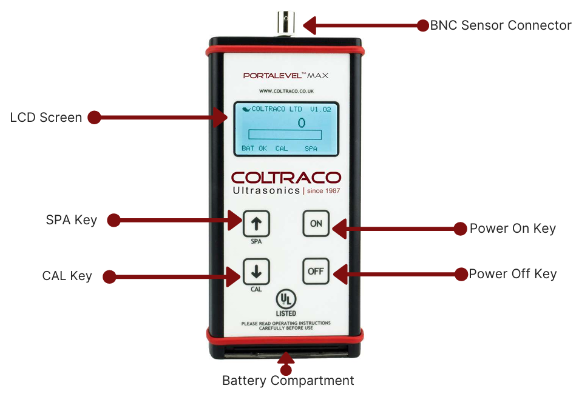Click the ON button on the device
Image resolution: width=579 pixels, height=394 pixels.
316,223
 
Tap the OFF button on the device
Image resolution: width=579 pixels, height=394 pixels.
316,271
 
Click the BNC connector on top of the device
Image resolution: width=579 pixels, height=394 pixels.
285,23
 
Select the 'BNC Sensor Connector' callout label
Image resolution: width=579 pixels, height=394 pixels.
501,25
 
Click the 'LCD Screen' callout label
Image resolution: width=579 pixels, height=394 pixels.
46,118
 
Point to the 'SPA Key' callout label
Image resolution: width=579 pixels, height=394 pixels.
72,220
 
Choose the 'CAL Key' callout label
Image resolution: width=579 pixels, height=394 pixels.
67,276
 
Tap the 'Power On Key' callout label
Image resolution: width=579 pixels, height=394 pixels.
513,229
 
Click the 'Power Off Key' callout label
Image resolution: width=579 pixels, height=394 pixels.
513,274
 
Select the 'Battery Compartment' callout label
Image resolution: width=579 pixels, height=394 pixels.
288,381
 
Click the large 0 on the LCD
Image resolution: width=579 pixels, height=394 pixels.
301,122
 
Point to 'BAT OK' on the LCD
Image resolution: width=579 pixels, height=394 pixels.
254,148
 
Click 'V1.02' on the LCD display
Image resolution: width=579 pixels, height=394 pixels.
321,110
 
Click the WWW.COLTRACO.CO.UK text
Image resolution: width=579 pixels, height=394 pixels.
286,92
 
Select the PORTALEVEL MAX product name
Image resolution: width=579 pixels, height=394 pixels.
286,76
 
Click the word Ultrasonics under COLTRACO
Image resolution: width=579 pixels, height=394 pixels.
266,190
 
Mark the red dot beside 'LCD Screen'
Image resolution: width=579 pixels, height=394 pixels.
93,118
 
